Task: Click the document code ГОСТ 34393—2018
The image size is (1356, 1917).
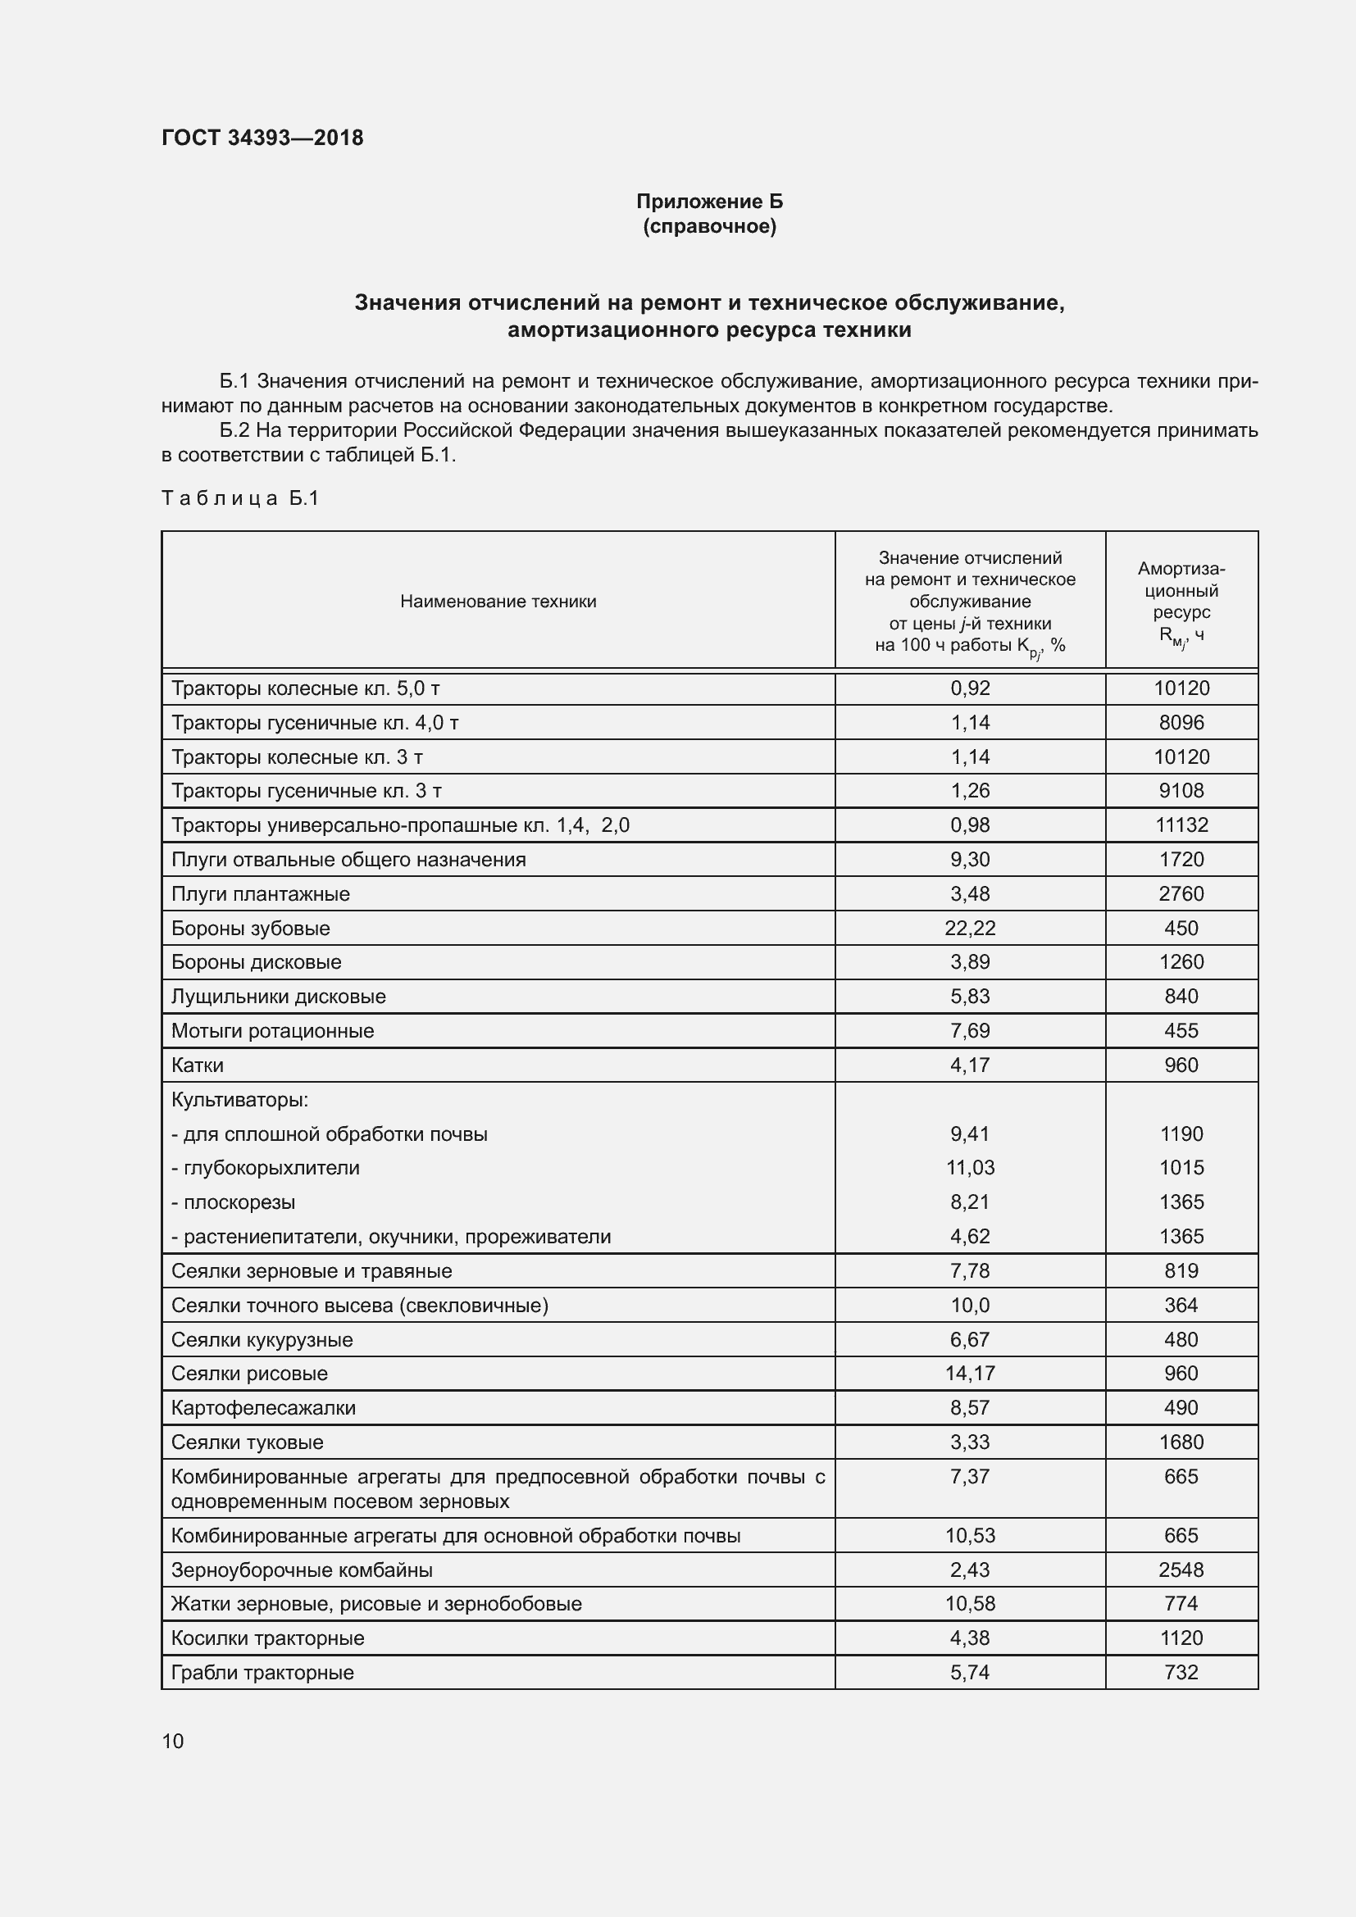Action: click(x=262, y=138)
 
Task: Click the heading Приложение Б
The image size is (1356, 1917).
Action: click(x=709, y=202)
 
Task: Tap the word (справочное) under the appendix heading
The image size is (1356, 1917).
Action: click(x=709, y=226)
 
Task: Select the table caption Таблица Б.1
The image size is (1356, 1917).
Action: click(x=239, y=498)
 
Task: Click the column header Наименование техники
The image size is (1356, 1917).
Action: click(x=498, y=601)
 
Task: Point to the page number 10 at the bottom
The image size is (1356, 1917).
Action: click(x=173, y=1741)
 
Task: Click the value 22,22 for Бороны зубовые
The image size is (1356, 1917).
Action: click(x=969, y=928)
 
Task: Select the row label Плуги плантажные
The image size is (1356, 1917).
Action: click(x=261, y=893)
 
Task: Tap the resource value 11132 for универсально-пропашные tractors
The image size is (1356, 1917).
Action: click(x=1181, y=825)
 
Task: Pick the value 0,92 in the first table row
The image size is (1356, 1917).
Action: click(x=969, y=688)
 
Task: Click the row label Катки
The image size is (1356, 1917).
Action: click(x=197, y=1065)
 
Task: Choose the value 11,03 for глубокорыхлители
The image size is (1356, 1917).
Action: click(x=969, y=1167)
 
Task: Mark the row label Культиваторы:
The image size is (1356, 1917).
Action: click(x=239, y=1100)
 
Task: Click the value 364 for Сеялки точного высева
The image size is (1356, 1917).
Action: click(x=1181, y=1305)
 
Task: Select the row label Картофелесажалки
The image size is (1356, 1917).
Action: click(x=263, y=1408)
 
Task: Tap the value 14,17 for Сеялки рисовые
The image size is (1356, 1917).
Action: click(x=969, y=1374)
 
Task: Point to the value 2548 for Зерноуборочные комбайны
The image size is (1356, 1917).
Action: click(x=1181, y=1569)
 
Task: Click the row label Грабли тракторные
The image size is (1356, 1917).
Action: click(x=262, y=1673)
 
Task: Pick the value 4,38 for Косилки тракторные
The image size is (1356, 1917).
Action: click(x=969, y=1638)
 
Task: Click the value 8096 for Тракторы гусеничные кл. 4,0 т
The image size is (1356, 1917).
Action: click(x=1181, y=722)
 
